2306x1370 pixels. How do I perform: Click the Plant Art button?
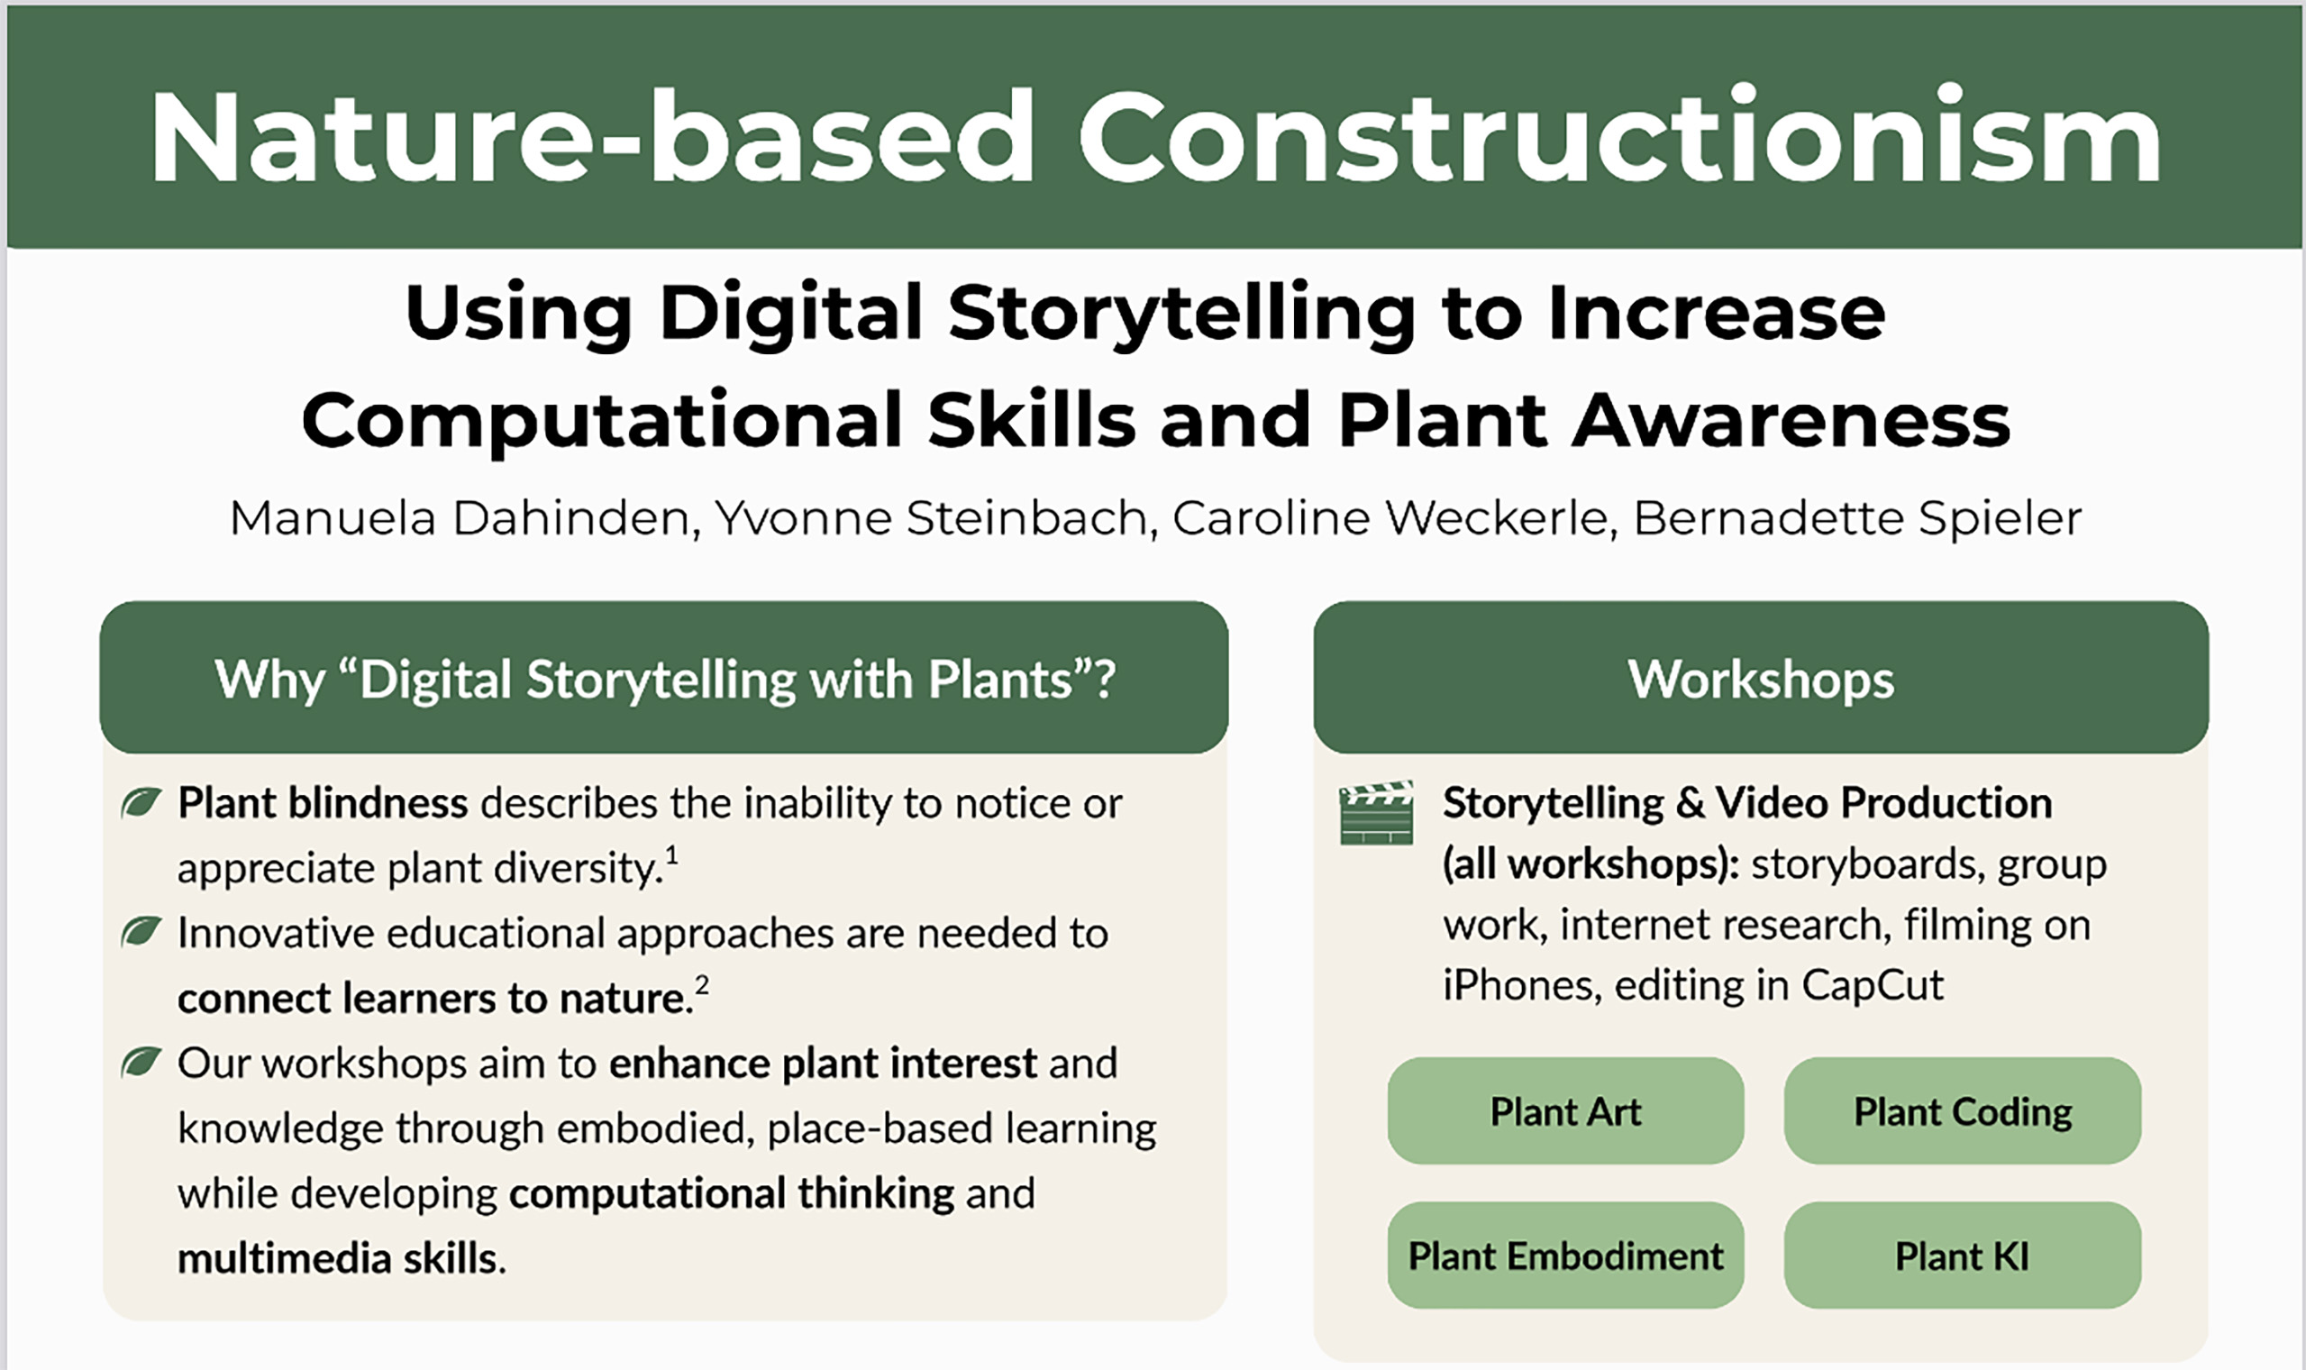(1565, 1110)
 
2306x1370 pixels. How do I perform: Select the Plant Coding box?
(1963, 1110)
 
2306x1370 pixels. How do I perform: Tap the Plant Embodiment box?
(1565, 1256)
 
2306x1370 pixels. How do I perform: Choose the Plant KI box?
(1963, 1256)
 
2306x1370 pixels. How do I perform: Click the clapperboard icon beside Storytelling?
(1376, 812)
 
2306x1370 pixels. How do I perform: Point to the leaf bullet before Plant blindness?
(141, 801)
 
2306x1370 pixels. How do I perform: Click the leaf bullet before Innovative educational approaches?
(141, 931)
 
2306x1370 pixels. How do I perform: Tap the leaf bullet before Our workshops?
(141, 1062)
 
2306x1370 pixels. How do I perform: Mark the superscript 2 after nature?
(702, 986)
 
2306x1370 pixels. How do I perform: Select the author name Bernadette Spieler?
(1857, 518)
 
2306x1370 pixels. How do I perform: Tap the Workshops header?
(1761, 679)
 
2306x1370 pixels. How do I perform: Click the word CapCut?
(1873, 986)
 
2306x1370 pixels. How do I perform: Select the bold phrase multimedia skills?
(338, 1258)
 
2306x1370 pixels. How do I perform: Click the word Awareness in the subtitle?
(1791, 420)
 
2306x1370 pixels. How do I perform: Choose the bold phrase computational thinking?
(732, 1193)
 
